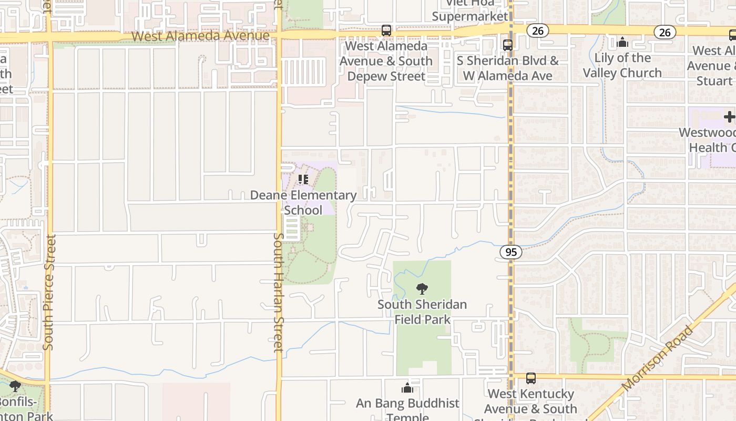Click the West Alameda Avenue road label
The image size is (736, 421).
[201, 36]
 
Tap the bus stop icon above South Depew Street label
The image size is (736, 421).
[386, 31]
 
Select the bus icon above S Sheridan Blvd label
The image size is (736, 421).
[508, 45]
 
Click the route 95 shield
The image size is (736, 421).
[511, 252]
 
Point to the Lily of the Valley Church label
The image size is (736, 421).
[622, 65]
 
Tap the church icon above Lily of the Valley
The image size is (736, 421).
[622, 42]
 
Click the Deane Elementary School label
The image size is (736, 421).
[303, 203]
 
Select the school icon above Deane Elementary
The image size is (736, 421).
[303, 179]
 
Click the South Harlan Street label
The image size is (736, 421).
[279, 292]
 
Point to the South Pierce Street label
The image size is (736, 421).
[48, 292]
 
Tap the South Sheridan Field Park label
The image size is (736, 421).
[422, 312]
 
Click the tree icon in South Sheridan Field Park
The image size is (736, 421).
[422, 289]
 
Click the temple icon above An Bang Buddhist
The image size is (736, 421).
[407, 388]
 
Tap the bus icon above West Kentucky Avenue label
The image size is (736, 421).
[531, 378]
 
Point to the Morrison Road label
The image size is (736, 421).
[658, 358]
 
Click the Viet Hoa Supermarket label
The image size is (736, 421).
[470, 11]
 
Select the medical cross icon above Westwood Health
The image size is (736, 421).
[729, 117]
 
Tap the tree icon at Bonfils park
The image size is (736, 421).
[15, 387]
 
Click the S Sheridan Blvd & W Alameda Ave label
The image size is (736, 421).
[507, 68]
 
